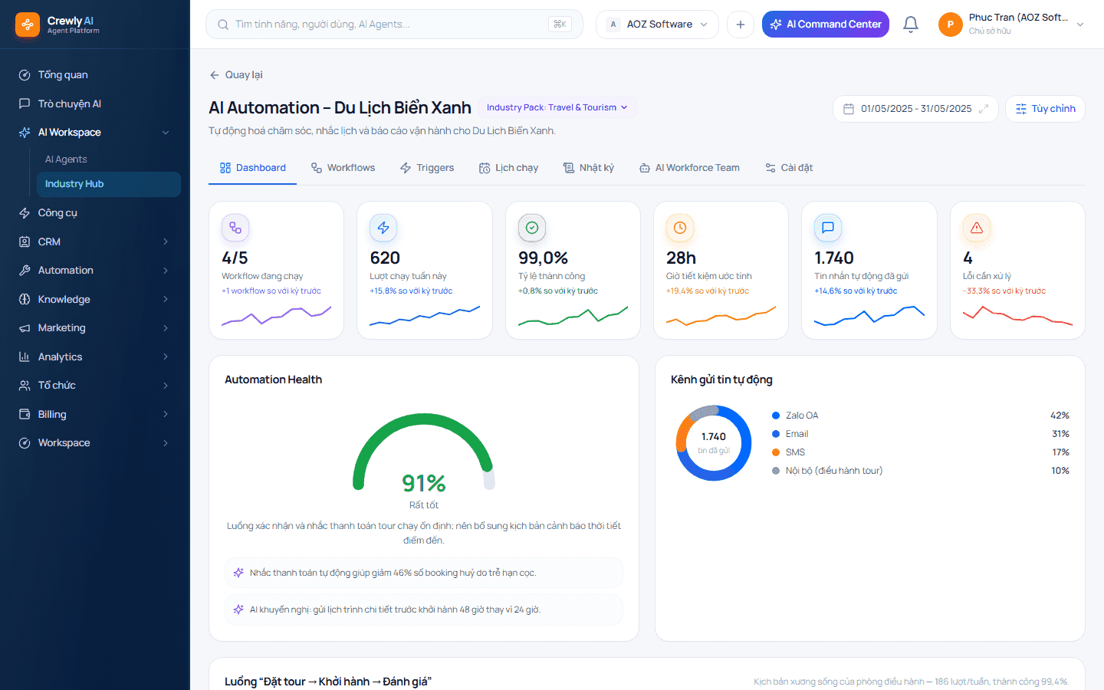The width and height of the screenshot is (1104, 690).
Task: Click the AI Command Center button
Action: [x=826, y=25]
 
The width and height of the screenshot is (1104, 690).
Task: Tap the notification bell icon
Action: [x=910, y=25]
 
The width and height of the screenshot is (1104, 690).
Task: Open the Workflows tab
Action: [x=343, y=168]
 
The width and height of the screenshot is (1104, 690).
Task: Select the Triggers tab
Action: [x=427, y=168]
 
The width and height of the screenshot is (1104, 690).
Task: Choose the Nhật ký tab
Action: [x=589, y=168]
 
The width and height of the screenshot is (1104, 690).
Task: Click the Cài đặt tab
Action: [x=789, y=168]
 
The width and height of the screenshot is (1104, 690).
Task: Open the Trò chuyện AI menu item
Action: [x=69, y=103]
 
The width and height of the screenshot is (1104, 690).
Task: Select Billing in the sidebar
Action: [x=52, y=414]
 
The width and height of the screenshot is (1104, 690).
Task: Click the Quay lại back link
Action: [x=236, y=75]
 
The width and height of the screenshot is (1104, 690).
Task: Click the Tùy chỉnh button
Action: [x=1046, y=108]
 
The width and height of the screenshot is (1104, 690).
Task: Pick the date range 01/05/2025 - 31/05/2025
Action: [x=915, y=108]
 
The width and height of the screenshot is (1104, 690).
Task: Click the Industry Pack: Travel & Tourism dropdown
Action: [x=557, y=107]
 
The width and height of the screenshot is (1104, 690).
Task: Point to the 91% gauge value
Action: [x=424, y=483]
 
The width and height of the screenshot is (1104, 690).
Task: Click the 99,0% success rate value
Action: [x=543, y=258]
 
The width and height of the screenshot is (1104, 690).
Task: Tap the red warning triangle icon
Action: [x=977, y=228]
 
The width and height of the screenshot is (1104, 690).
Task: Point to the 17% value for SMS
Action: [x=1060, y=452]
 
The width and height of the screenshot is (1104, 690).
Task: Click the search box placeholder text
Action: [x=322, y=25]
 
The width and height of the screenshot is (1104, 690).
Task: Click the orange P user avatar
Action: [x=950, y=25]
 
